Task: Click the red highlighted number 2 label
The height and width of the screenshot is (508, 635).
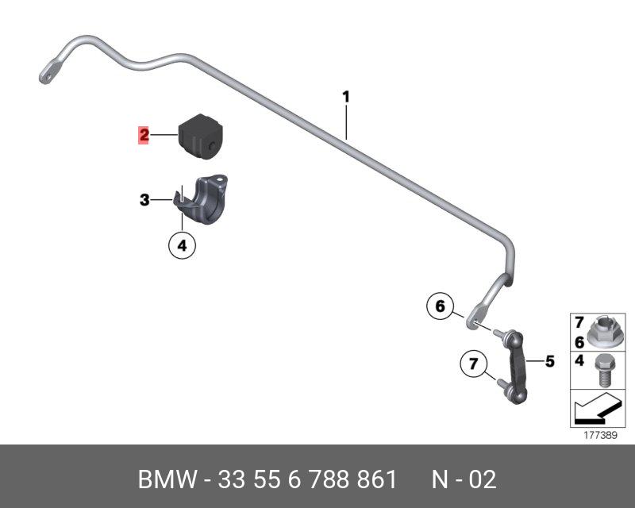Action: click(x=144, y=136)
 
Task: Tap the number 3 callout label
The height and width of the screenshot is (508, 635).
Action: click(x=144, y=201)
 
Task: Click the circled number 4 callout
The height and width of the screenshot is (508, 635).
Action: click(x=182, y=246)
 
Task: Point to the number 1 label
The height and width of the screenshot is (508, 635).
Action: click(x=346, y=97)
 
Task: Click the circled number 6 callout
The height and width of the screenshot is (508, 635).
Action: click(x=440, y=305)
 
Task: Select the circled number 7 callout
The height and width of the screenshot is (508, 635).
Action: click(x=474, y=365)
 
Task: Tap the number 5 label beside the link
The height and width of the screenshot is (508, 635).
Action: click(x=549, y=362)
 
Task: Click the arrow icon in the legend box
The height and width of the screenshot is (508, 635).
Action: click(x=592, y=411)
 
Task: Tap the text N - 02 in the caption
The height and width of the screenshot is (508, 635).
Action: click(x=464, y=479)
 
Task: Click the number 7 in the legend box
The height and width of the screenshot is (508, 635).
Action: click(x=579, y=322)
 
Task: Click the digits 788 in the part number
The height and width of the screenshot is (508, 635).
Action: click(x=321, y=479)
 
